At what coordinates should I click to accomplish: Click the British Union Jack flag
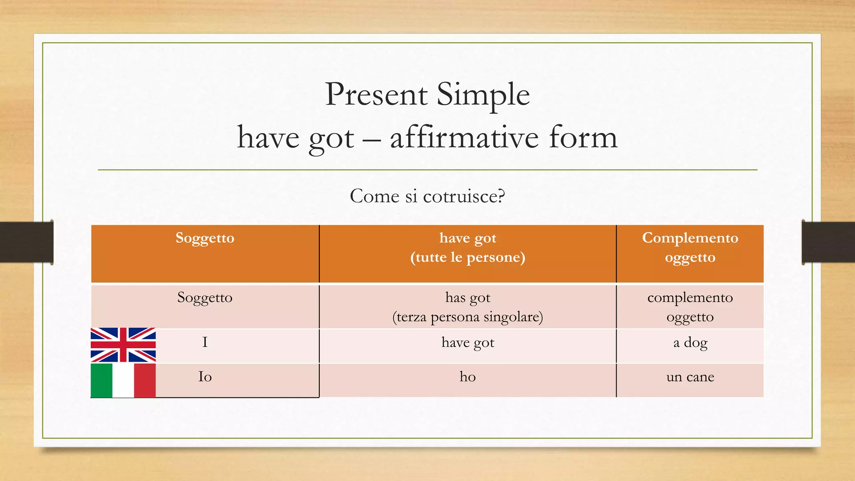[123, 345]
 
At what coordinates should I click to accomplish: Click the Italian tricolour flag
[123, 380]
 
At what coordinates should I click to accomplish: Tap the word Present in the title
[376, 94]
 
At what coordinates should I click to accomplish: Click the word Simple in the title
[483, 94]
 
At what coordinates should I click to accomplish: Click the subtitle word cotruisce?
[464, 196]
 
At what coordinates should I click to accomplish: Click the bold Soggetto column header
[205, 238]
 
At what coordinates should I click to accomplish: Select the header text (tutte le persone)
[468, 257]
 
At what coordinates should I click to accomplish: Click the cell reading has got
[468, 298]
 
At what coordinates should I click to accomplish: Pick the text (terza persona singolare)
[468, 317]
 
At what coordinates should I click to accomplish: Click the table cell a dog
[690, 343]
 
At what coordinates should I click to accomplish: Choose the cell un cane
[690, 377]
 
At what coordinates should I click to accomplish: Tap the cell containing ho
[468, 377]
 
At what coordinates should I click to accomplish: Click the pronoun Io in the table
[205, 377]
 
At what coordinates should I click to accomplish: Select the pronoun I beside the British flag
[205, 343]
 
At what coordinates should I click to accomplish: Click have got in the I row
[468, 343]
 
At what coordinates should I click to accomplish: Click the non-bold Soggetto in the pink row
[205, 298]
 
